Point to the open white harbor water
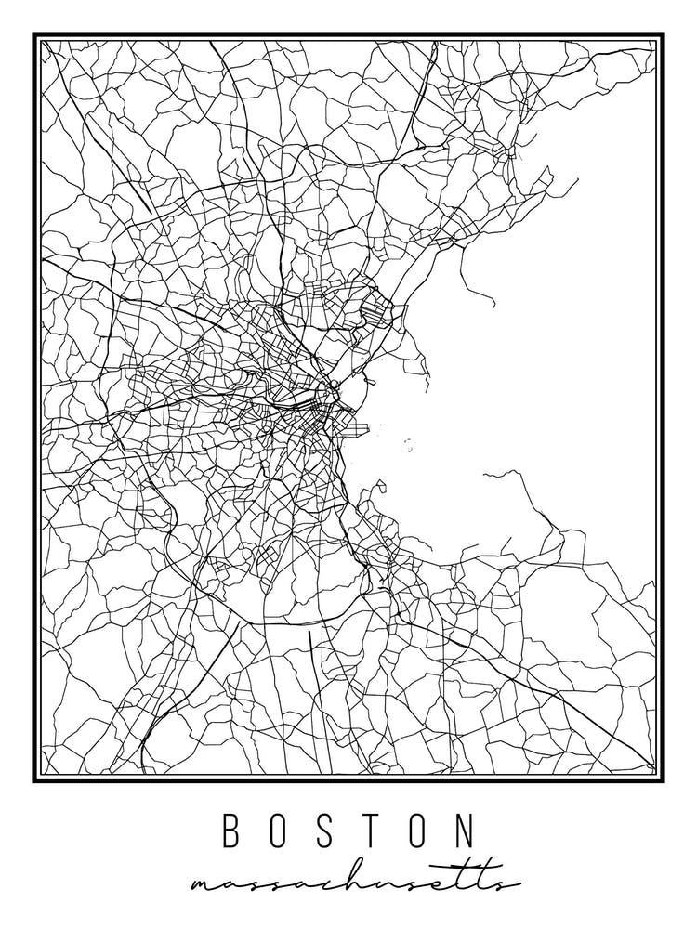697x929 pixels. pos(558,372)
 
